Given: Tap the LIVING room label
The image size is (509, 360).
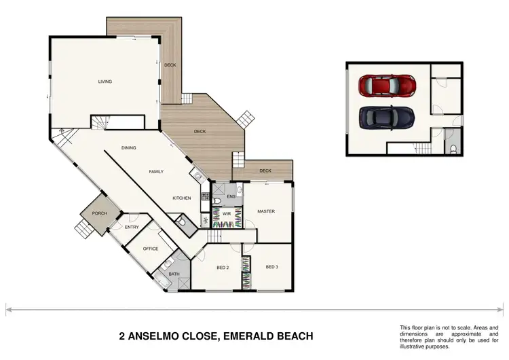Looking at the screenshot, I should point(105,82).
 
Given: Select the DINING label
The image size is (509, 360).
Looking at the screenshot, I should point(129,147).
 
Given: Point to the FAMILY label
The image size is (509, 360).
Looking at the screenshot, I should point(157,172).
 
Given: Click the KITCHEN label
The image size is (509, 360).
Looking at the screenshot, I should point(181,198).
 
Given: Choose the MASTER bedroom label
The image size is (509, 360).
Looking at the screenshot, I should point(265,211).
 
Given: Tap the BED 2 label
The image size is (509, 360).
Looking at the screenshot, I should point(223,268).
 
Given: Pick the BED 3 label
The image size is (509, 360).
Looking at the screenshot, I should point(271,266).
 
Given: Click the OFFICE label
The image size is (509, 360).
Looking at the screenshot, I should point(151,249).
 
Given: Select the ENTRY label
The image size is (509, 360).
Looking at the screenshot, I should point(132,227).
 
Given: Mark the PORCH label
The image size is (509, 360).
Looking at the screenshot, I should point(100,213).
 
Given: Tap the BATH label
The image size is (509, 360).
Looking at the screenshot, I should point(174,274).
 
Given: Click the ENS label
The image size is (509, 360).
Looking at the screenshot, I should point(231,197).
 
